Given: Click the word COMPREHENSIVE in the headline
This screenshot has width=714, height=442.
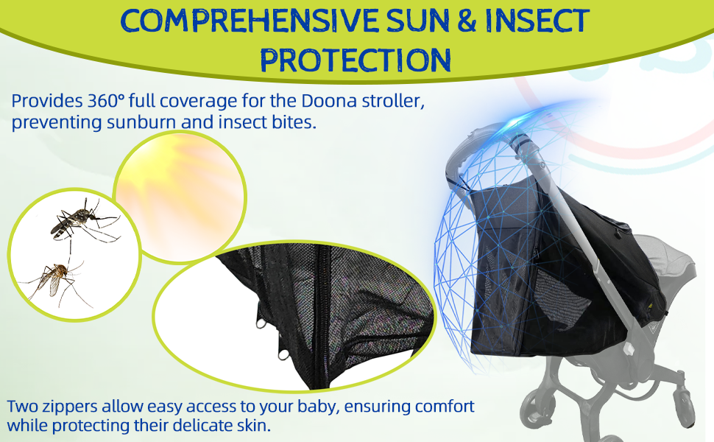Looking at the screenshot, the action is coord(250,21).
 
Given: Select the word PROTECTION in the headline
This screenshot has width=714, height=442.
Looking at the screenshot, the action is coord(356,60).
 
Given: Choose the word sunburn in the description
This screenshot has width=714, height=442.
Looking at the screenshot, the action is coord(141,122).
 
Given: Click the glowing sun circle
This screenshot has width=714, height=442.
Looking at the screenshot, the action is coord(180,197).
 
